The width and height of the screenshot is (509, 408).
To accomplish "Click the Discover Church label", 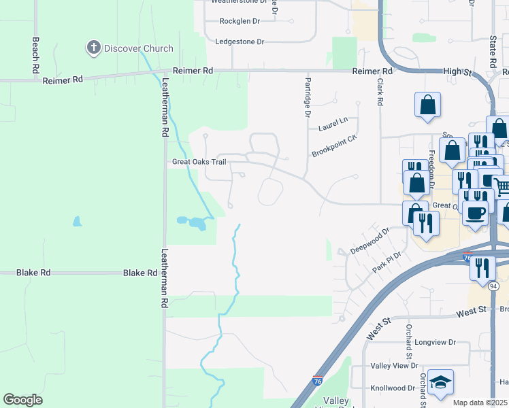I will [x=138, y=48].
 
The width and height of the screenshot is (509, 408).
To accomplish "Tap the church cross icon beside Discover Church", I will [x=93, y=48].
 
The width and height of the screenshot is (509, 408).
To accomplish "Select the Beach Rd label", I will [x=35, y=55].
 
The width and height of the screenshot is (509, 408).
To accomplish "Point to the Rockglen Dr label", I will [x=240, y=21].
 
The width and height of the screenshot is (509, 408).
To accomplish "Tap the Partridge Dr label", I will [x=306, y=99].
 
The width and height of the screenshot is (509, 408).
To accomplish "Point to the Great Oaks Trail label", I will [x=199, y=162].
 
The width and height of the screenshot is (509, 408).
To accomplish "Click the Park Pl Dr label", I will [x=387, y=262].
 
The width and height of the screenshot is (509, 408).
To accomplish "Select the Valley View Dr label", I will [x=394, y=365].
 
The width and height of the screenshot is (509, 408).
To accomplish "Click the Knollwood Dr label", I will [x=393, y=388].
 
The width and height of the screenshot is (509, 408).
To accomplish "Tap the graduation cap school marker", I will [x=440, y=382].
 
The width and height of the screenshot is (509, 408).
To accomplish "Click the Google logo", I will [x=22, y=399].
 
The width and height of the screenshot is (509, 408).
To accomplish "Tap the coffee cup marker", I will [x=475, y=211].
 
